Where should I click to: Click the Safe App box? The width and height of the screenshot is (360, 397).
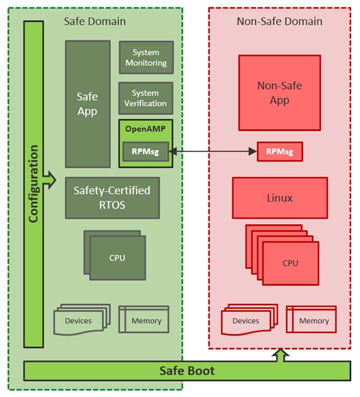point(87,104)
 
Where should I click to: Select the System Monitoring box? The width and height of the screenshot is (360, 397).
point(146,57)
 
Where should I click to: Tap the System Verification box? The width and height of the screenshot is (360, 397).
point(146,98)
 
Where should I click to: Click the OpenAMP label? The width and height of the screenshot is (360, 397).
point(145,128)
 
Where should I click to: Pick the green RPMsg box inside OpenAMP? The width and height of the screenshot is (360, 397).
point(146,151)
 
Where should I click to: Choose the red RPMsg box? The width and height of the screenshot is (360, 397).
point(280,151)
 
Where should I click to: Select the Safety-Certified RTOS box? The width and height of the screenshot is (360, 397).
point(112,197)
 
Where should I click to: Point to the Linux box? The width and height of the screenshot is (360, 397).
point(280,198)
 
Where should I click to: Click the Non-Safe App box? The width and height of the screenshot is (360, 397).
point(280,93)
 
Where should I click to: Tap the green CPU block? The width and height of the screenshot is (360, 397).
point(116,258)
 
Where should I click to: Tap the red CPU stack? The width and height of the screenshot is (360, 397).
point(290,263)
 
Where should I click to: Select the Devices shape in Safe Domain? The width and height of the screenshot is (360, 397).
point(79,321)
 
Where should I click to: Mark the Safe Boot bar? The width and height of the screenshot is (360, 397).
point(186,371)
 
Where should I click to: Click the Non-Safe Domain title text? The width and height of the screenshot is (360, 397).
point(280,21)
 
